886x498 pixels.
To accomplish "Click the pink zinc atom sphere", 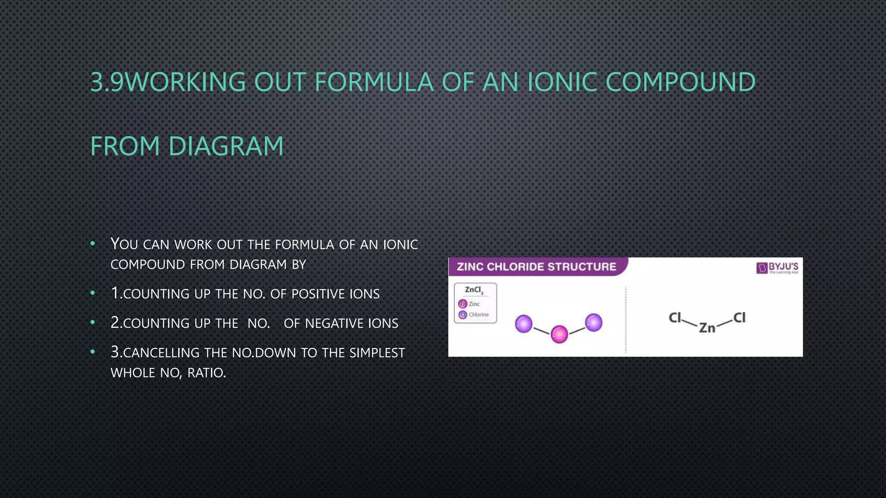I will pos(559,334).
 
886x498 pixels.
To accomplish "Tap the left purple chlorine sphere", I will pos(523,324).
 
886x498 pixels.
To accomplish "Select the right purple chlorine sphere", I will pos(594,322).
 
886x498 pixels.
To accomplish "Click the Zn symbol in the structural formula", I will pos(707,328).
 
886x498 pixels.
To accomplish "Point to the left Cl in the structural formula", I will pos(675,318).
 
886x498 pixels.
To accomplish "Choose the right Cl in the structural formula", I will pos(739,318).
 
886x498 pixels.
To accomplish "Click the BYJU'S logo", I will pos(777,268).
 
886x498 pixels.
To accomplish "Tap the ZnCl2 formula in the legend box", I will pos(474,290).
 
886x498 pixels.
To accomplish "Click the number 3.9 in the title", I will pos(107,82).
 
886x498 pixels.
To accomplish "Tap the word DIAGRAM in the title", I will pos(226,146).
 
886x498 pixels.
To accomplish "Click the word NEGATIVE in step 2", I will pos(334,324).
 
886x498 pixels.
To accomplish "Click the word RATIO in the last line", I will pos(206,373).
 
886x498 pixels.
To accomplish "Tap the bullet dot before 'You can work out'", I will pos(93,244).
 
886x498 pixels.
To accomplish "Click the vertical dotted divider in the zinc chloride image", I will pos(626,320).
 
